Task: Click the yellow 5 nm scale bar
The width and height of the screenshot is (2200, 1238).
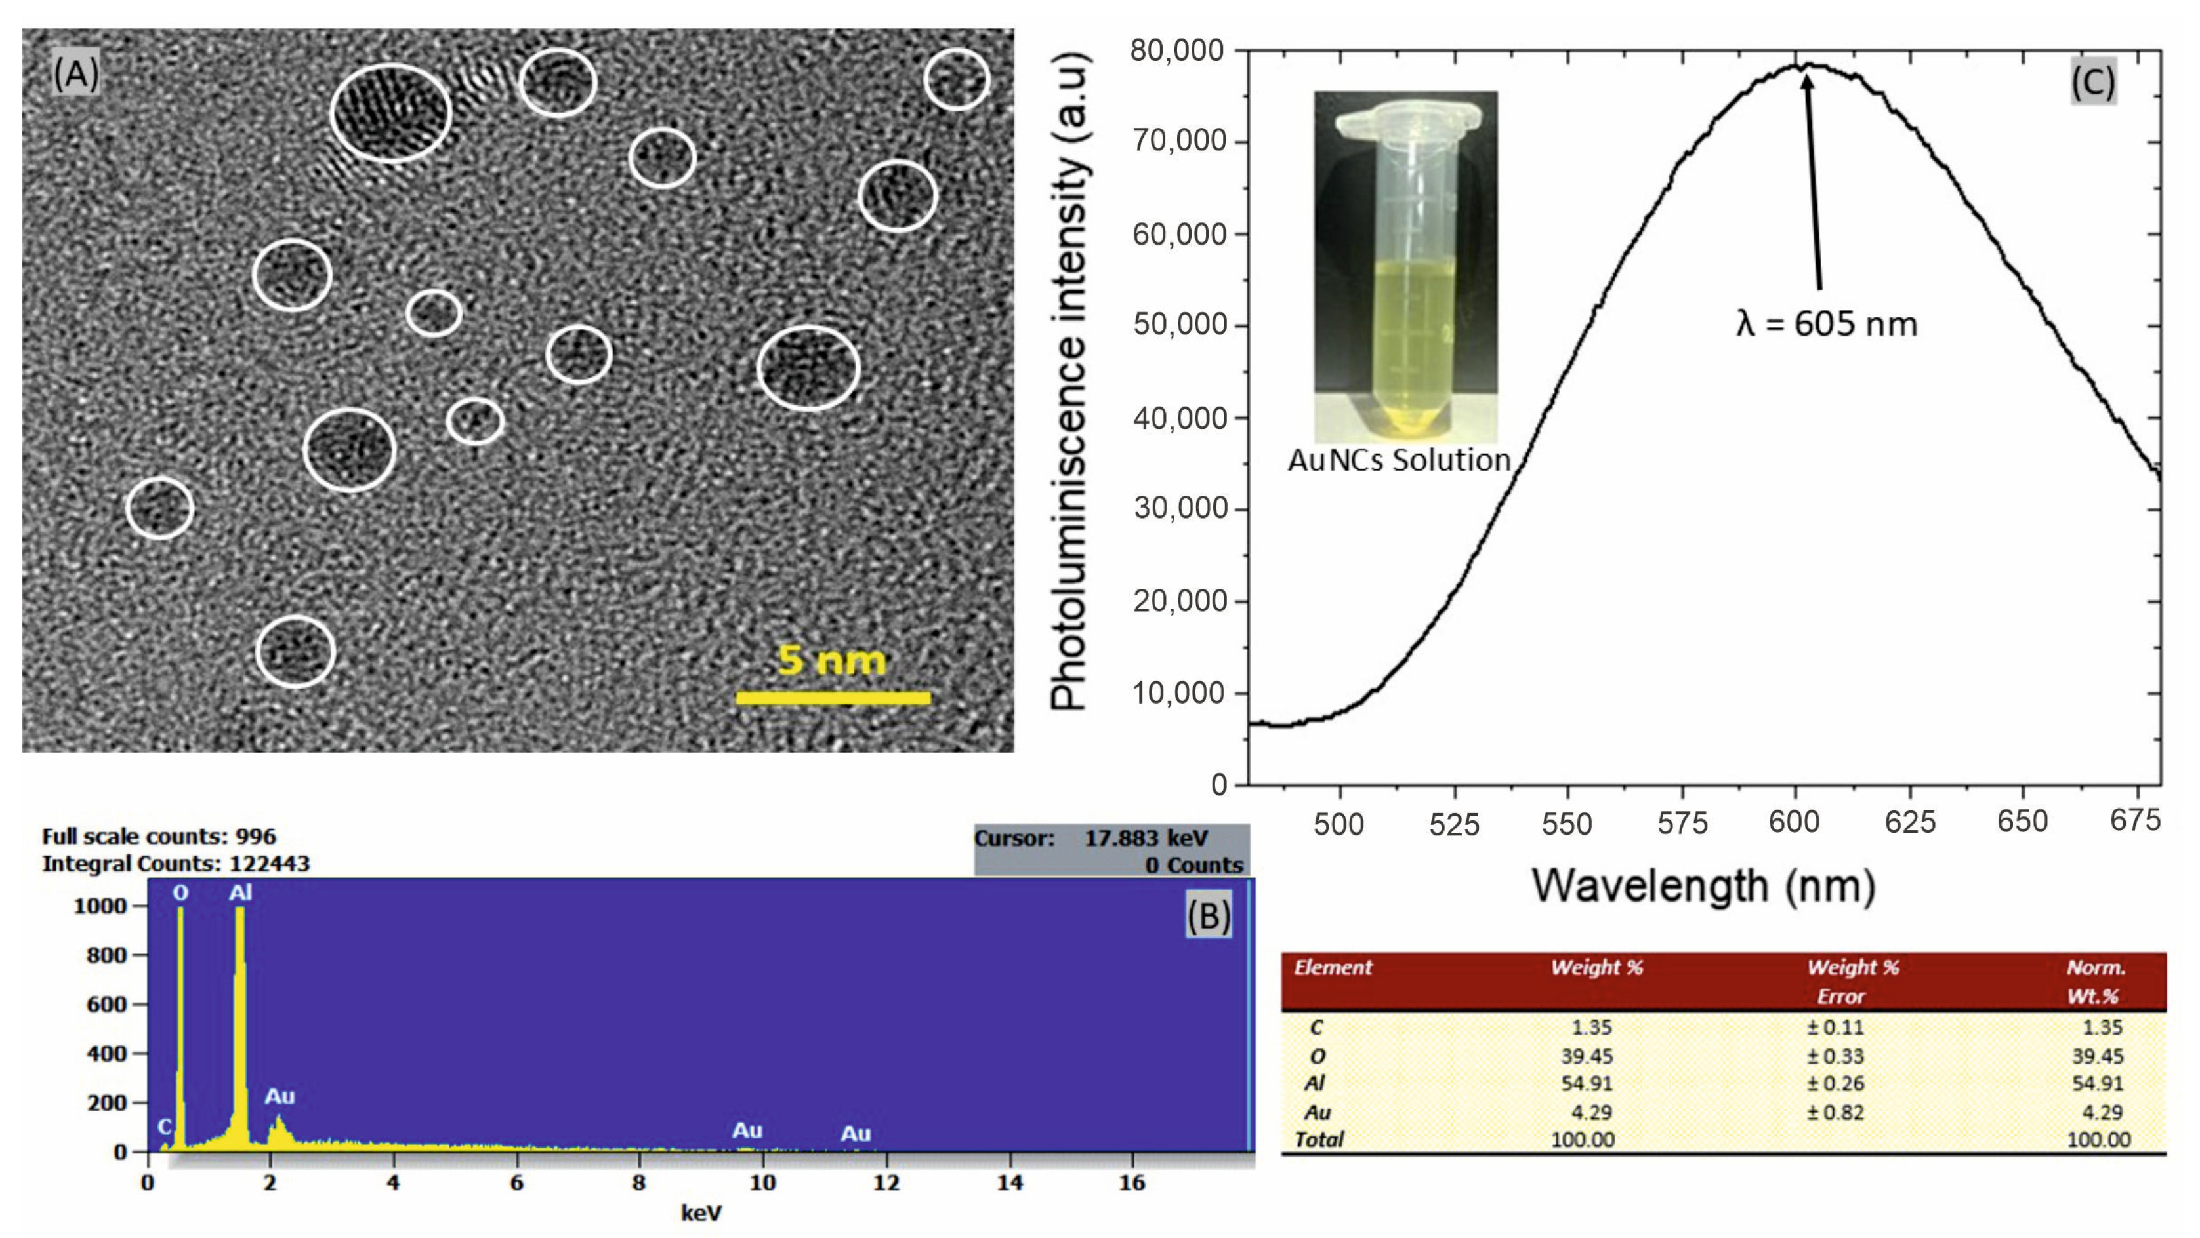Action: coord(833,698)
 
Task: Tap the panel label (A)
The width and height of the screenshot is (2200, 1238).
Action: coord(76,75)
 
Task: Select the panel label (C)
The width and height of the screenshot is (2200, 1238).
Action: coord(2092,82)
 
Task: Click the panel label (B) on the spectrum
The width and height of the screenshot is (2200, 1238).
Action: coord(1209,915)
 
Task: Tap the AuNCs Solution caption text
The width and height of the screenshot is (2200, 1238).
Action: coord(1399,460)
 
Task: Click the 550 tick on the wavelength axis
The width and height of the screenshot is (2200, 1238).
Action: coord(1566,823)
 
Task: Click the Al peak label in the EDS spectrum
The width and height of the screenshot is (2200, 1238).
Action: coord(240,893)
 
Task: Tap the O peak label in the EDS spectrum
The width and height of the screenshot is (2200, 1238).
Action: coord(180,893)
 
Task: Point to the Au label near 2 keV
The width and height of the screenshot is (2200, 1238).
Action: coord(280,1096)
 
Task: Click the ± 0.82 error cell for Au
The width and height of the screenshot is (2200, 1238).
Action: coord(1835,1113)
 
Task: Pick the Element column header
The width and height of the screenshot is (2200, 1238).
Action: coord(1333,967)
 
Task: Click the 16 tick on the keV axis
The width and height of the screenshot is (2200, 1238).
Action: coord(1132,1182)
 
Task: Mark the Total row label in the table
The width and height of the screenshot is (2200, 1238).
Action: coord(1319,1139)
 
